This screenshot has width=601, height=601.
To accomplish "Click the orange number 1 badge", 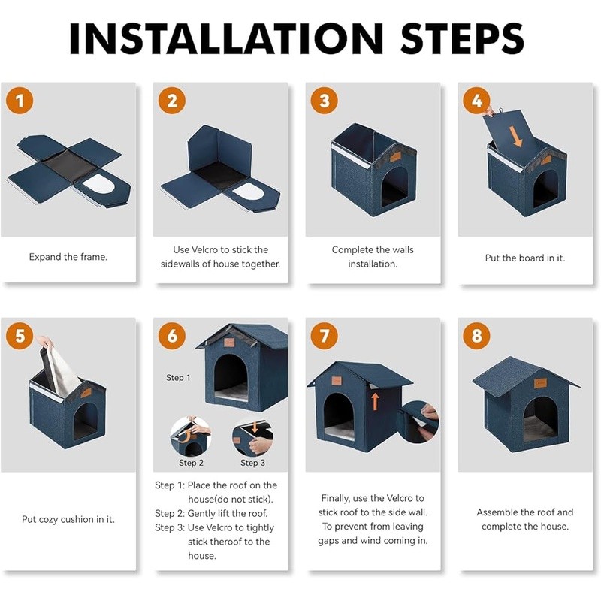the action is tap(20, 101).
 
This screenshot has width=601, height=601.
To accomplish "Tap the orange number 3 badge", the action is tap(325, 101).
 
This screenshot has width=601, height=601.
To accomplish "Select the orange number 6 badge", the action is tap(172, 336).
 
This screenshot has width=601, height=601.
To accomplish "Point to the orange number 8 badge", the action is tap(476, 336).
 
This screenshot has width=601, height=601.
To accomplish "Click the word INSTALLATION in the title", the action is tap(226, 38).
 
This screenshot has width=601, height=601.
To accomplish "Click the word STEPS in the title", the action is tap(462, 38).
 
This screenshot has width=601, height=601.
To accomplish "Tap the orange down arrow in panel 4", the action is tap(516, 137).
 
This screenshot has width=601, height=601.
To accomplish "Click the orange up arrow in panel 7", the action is tap(375, 401).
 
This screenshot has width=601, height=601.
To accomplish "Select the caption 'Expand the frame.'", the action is tap(68, 257).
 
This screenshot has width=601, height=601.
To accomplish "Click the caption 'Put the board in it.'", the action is tap(525, 258).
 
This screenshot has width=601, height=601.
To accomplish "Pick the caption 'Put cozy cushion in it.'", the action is tap(68, 519).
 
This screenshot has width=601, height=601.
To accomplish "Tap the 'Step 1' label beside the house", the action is tap(178, 378).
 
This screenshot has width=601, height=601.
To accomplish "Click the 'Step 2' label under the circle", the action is tap(191, 463).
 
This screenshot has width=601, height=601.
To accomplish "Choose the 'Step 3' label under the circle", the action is tap(252, 463).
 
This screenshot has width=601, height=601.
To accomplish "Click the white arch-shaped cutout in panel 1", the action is tap(98, 184).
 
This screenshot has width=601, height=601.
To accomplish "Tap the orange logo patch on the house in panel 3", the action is tap(395, 156).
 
